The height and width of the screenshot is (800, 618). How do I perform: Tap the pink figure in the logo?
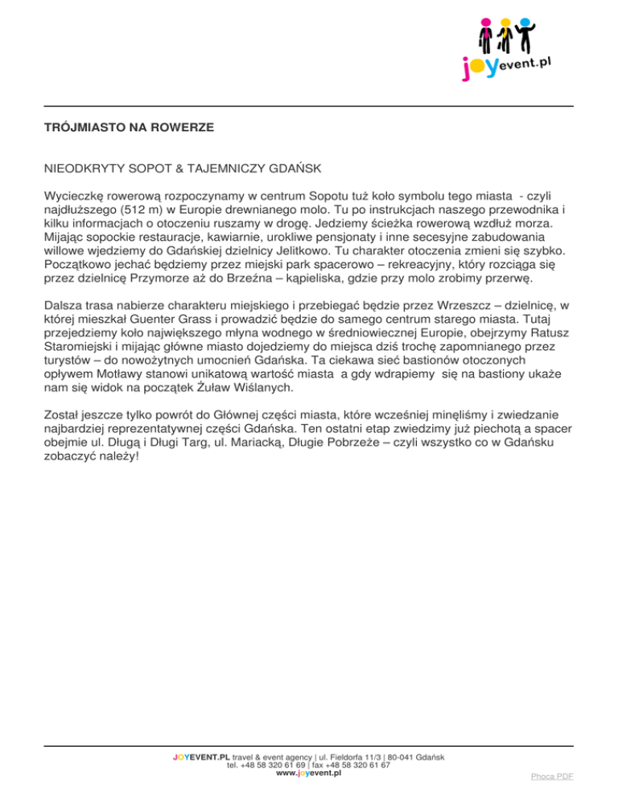click(484, 37)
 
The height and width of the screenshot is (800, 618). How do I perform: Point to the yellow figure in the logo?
click(508, 37)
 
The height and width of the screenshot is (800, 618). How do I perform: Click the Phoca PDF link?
click(552, 777)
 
